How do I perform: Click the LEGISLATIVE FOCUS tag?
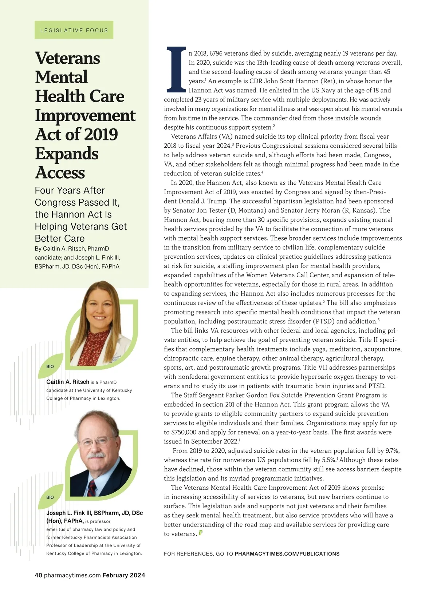pyautogui.click(x=74, y=30)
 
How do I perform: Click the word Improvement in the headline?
pyautogui.click(x=85, y=115)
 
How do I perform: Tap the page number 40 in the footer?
pyautogui.click(x=39, y=575)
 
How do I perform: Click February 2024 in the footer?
pyautogui.click(x=124, y=575)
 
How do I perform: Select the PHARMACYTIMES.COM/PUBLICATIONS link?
pyautogui.click(x=287, y=554)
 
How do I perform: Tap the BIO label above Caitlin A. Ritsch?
pyautogui.click(x=50, y=366)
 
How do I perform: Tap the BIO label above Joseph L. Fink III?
pyautogui.click(x=50, y=497)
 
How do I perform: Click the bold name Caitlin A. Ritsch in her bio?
pyautogui.click(x=68, y=382)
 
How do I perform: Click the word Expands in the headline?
pyautogui.click(x=67, y=154)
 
